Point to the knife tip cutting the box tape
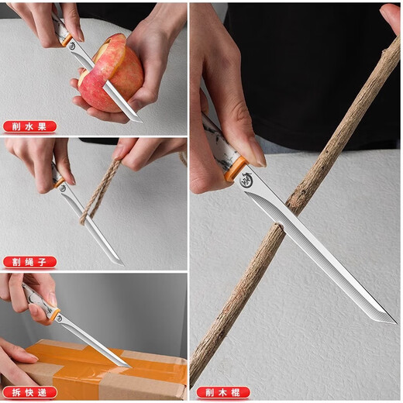click(x=128, y=365)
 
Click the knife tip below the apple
click(x=139, y=119)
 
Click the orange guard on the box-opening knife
click(x=55, y=315)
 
